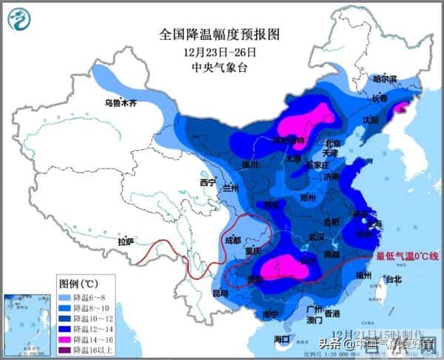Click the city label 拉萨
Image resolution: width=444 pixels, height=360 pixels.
(126, 241)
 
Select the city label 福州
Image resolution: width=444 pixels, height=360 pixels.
(363, 275)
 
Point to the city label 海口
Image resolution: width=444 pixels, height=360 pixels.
(282, 339)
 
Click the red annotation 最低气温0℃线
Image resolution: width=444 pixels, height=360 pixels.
(408, 256)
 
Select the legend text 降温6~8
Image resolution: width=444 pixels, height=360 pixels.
(95, 296)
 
